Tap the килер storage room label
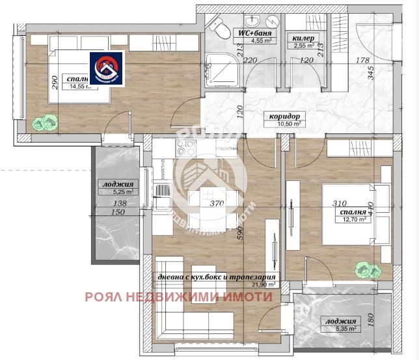pos(304,38)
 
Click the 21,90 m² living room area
pos(265,284)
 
